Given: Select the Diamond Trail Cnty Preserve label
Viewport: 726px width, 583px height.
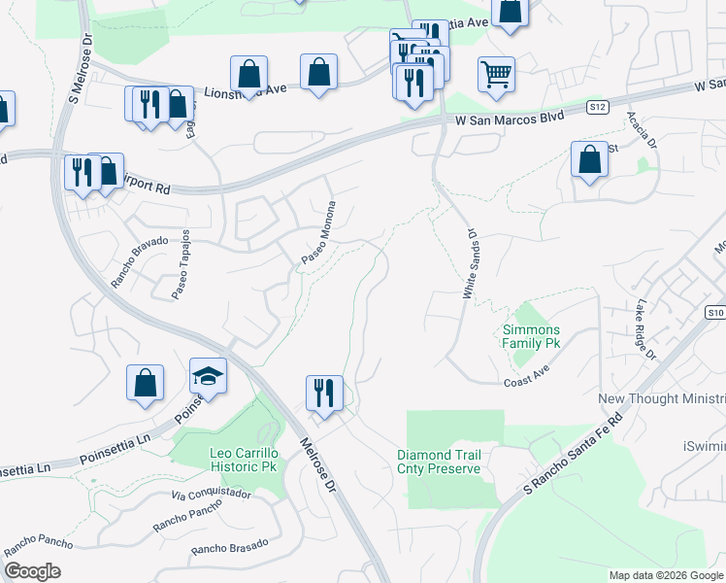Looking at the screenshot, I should tap(439, 462).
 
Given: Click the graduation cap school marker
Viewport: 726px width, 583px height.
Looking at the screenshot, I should tap(208, 376).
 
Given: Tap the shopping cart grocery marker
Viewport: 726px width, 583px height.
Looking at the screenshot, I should tap(496, 74).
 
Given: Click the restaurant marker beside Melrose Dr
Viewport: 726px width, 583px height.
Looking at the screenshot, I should tap(323, 394).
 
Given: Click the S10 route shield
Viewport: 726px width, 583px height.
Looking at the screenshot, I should tap(715, 312).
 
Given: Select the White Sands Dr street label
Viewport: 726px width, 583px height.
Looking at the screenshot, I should tap(472, 263).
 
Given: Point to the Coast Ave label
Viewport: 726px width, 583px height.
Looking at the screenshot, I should tap(527, 383).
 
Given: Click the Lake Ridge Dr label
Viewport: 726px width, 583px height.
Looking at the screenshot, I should tap(645, 330).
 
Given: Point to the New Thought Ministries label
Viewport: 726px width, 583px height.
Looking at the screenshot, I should tap(661, 399).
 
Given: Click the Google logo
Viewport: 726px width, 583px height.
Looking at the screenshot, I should tap(32, 571).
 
